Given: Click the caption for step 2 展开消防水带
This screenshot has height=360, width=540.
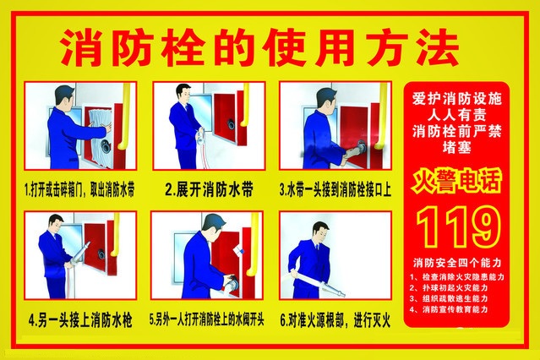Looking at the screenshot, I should coord(208,190).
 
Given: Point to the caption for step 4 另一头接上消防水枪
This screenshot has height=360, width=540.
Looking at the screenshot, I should coord(79,320).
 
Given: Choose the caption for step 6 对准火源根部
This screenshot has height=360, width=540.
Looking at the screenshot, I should coord(335,320).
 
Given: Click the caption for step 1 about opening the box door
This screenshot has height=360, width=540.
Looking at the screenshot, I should coord(79,190).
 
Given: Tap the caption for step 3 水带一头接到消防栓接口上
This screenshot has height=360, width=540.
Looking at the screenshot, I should coord(335,190).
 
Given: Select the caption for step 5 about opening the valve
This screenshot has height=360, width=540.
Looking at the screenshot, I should coord(208,320).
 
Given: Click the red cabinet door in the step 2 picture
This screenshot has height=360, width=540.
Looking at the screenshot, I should coord(236,127).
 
